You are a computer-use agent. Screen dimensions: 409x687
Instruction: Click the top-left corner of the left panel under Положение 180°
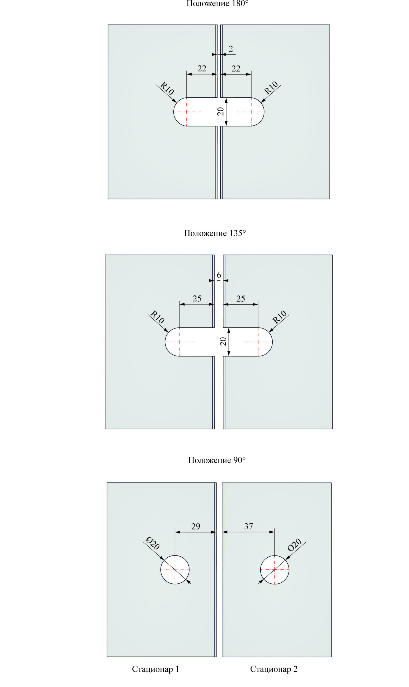pyautogui.click(x=108, y=25)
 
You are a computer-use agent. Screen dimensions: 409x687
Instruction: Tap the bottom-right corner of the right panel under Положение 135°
pyautogui.click(x=333, y=429)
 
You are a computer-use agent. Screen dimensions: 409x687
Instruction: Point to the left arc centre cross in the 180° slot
pyautogui.click(x=187, y=112)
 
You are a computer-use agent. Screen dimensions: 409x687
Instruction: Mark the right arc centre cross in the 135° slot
pyautogui.click(x=258, y=342)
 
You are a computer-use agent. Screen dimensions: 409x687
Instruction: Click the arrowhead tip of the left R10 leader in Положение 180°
pyautogui.click(x=176, y=103)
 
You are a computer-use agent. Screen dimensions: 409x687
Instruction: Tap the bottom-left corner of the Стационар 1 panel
pyautogui.click(x=107, y=657)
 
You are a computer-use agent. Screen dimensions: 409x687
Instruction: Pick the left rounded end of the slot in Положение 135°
pyautogui.click(x=165, y=342)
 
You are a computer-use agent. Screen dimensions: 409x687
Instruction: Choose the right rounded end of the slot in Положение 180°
pyautogui.click(x=264, y=112)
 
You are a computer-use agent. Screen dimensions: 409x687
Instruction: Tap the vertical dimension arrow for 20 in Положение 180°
pyautogui.click(x=226, y=112)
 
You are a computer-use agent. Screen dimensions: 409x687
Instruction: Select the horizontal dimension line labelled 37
pyautogui.click(x=249, y=532)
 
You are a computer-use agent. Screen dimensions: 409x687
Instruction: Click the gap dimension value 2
pyautogui.click(x=231, y=49)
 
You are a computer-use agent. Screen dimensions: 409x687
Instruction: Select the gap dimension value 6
pyautogui.click(x=219, y=275)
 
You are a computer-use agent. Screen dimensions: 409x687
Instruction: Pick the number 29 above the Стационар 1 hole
pyautogui.click(x=196, y=526)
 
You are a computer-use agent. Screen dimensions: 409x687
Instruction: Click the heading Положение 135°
pyautogui.click(x=215, y=233)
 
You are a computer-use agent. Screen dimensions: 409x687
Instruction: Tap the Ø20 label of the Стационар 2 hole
pyautogui.click(x=294, y=545)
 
